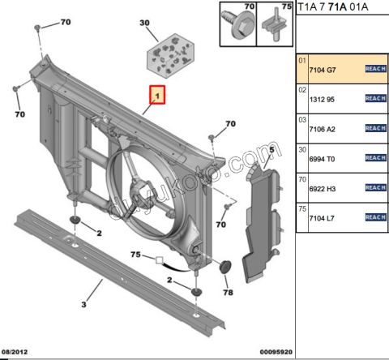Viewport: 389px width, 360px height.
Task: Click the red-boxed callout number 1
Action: point(156,96)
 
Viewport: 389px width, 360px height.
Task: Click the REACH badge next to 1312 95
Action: point(374,98)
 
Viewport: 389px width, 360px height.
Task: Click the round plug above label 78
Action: point(226,267)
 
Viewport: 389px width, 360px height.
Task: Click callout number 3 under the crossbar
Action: point(83,306)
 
